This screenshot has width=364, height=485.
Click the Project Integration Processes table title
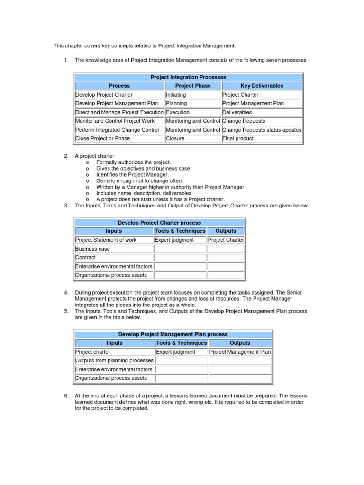(x=188, y=77)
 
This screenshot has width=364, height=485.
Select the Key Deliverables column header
(x=262, y=86)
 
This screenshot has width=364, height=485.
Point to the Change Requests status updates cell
(x=262, y=130)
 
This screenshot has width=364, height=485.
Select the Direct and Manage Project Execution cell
(x=119, y=112)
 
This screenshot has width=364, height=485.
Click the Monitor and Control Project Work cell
(x=119, y=121)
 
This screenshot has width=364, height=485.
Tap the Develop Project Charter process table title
(x=159, y=223)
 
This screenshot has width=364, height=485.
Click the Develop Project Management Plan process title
(x=173, y=334)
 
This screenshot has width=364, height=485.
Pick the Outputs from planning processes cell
(x=114, y=361)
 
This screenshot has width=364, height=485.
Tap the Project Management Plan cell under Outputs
(x=240, y=352)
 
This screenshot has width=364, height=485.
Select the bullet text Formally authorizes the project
(x=133, y=162)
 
